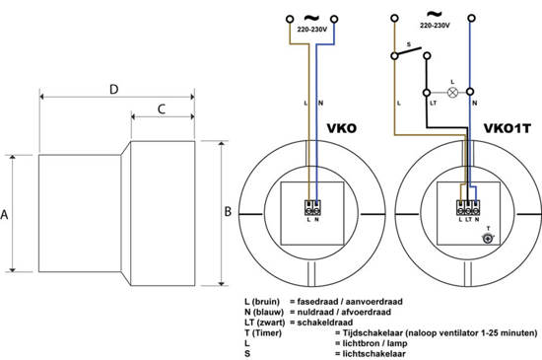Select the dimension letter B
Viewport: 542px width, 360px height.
(229, 210)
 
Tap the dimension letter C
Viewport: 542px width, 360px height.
(160, 112)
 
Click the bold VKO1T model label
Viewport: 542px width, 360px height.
(508, 129)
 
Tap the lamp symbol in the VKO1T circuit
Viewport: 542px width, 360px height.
(452, 92)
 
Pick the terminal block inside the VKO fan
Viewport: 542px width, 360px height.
(313, 208)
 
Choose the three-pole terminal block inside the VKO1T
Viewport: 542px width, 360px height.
(467, 208)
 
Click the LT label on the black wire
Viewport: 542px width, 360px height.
(431, 103)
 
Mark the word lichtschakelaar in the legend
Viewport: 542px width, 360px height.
(372, 355)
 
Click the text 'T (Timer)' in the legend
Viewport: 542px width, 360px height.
(266, 334)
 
